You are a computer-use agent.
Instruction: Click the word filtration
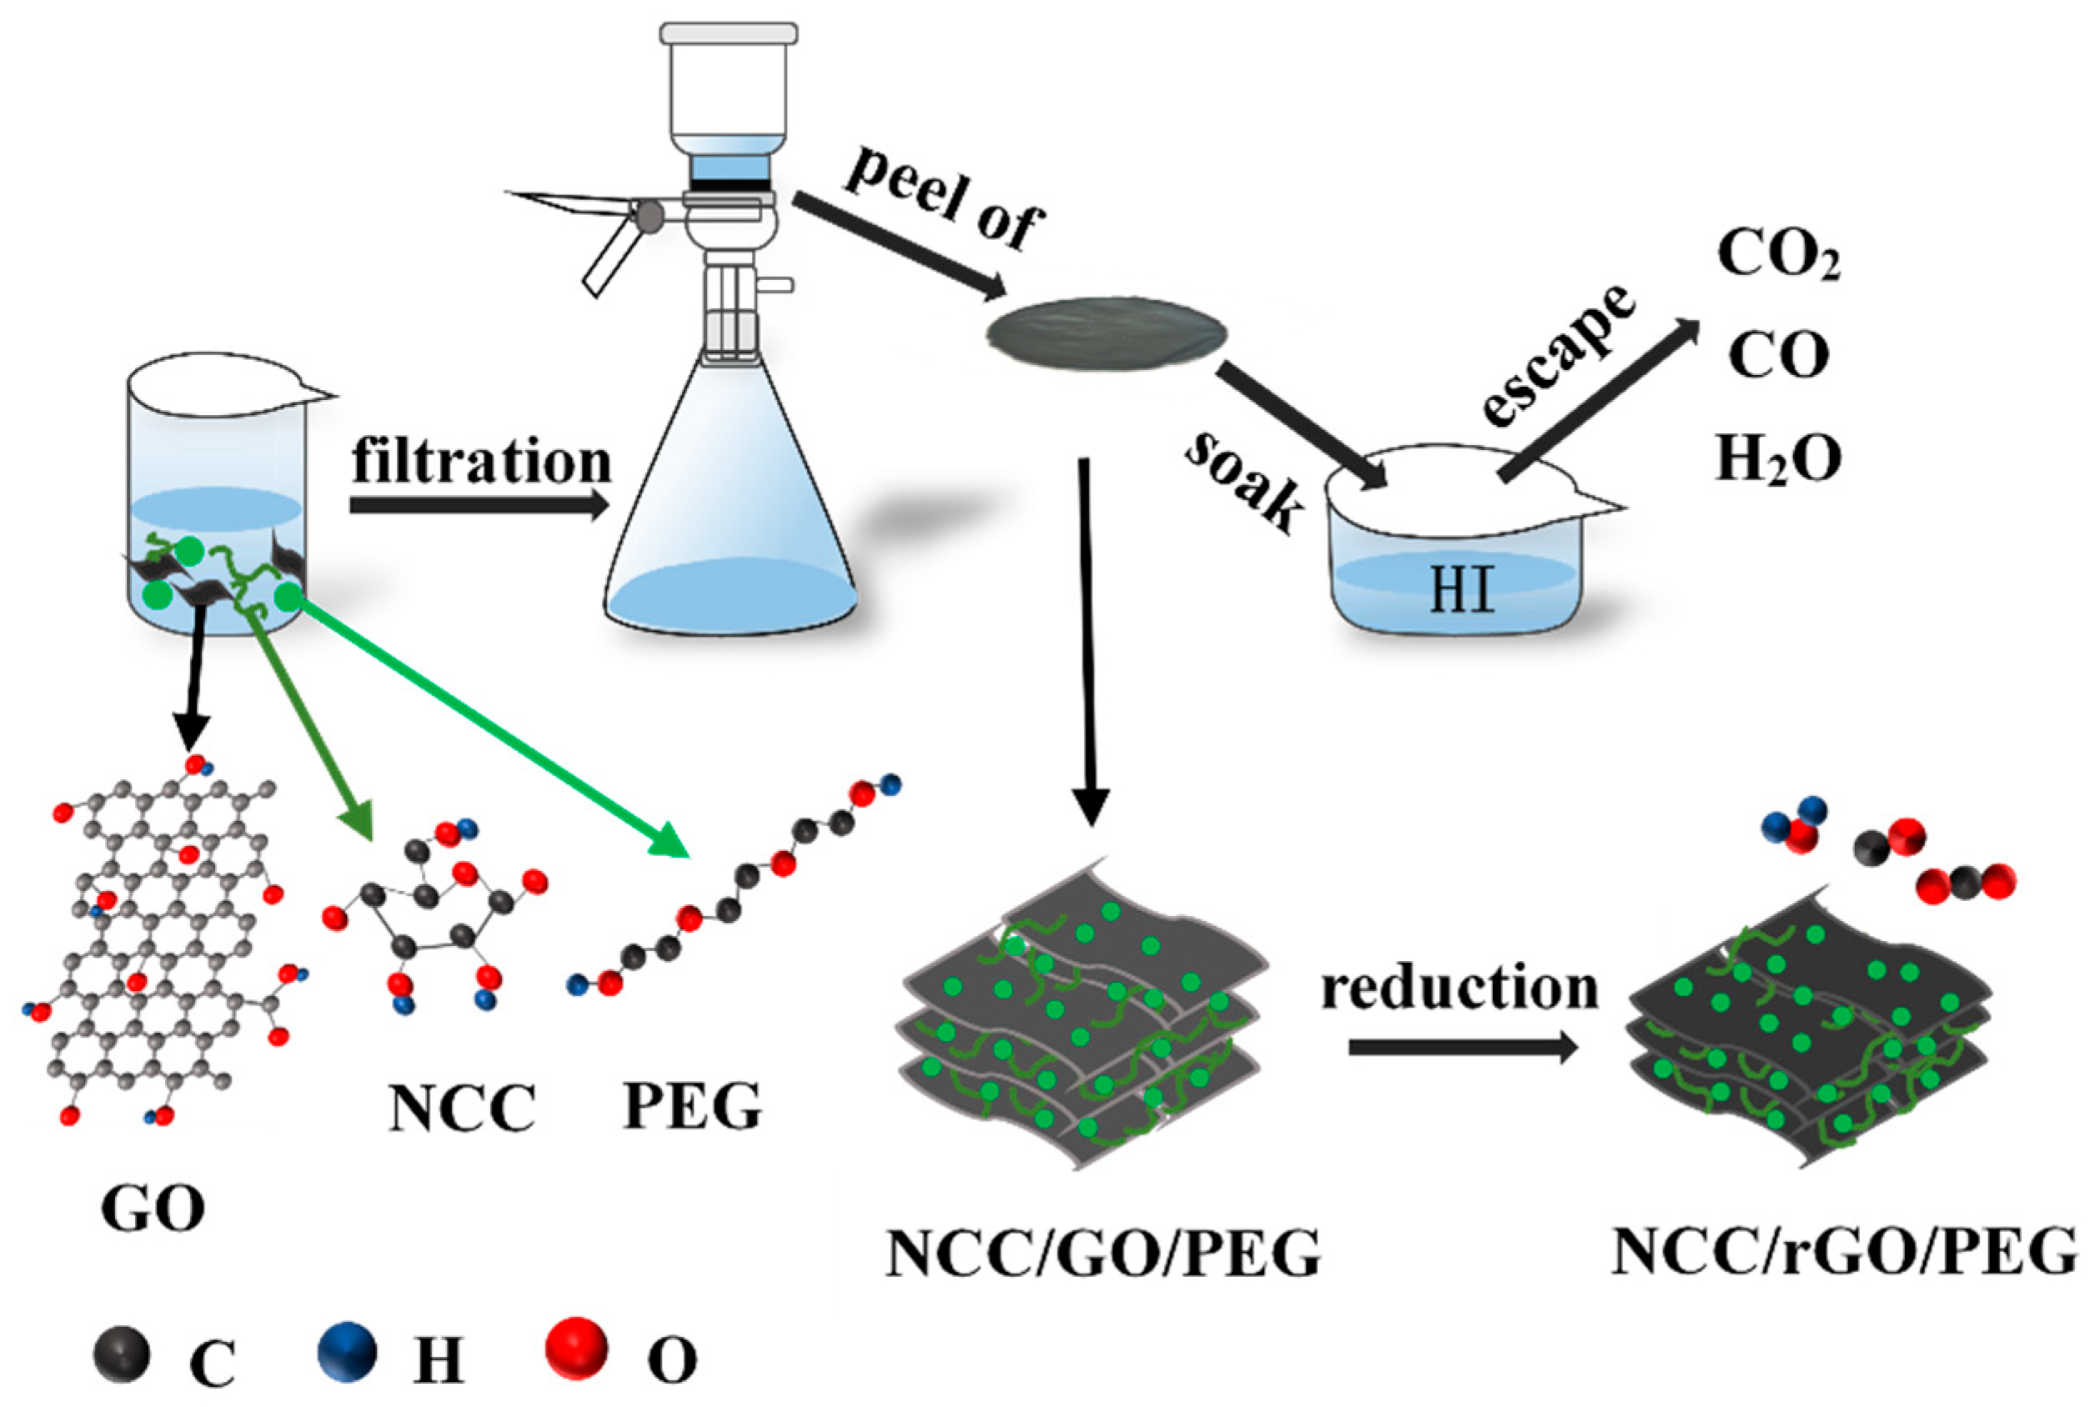point(482,462)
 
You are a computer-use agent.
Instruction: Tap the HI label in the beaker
point(1461,590)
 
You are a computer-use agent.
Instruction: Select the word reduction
point(1460,987)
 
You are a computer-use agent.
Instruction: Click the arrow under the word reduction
point(1463,1047)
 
